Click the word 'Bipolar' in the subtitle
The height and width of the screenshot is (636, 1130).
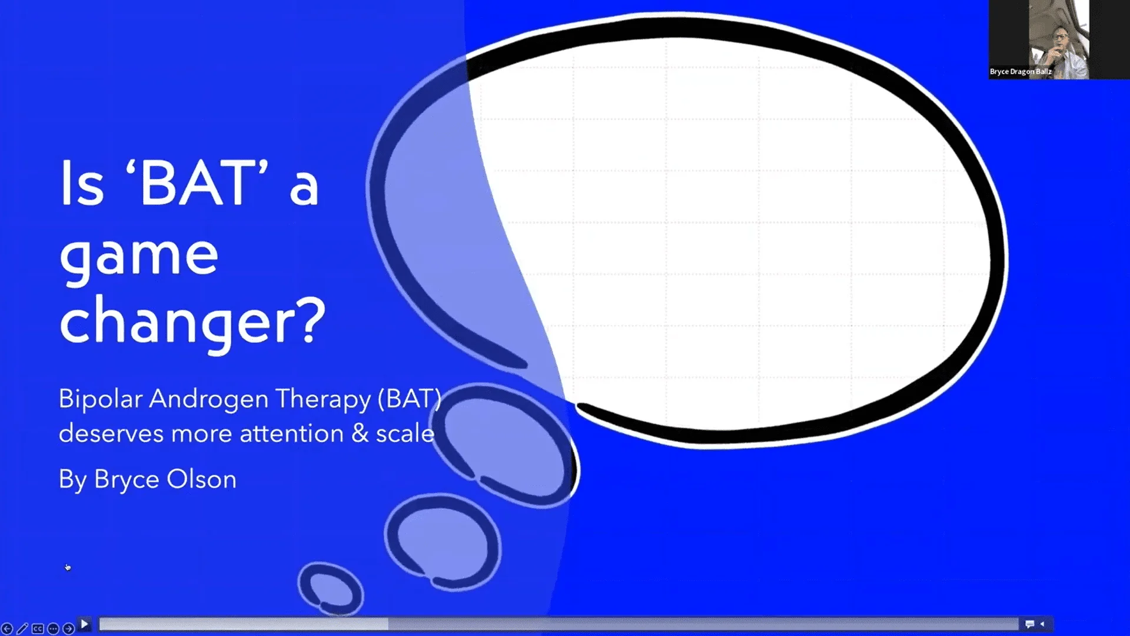pyautogui.click(x=100, y=399)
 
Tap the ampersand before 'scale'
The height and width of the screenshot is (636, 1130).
pyautogui.click(x=360, y=434)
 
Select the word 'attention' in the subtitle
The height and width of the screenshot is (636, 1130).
pyautogui.click(x=291, y=434)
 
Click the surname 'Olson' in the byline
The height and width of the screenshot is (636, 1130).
pyautogui.click(x=201, y=479)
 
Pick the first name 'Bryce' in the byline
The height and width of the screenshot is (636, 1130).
pyautogui.click(x=126, y=479)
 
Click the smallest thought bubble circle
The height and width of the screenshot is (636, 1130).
pyautogui.click(x=330, y=588)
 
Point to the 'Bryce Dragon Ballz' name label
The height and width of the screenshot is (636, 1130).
pyautogui.click(x=1021, y=72)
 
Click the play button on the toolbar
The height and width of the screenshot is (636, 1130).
pyautogui.click(x=84, y=624)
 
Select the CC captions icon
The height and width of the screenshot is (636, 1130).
pyautogui.click(x=38, y=629)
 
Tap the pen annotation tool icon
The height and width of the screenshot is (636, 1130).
pyautogui.click(x=22, y=629)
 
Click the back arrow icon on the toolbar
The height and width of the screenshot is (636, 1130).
pyautogui.click(x=7, y=629)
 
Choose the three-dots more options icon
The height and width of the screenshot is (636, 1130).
pyautogui.click(x=53, y=629)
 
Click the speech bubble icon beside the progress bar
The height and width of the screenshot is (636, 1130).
pyautogui.click(x=1029, y=624)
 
